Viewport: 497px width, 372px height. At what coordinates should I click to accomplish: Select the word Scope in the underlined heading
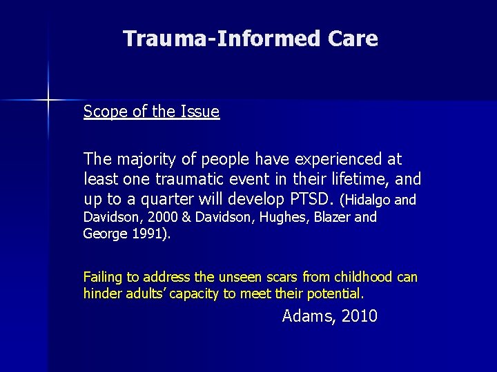coord(104,112)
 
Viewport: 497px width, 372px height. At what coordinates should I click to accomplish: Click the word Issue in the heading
coord(200,112)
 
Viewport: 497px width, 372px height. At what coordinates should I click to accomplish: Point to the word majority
coord(147,160)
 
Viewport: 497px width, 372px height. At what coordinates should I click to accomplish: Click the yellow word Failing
coord(102,278)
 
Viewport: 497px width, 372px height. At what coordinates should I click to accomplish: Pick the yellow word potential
coord(335,294)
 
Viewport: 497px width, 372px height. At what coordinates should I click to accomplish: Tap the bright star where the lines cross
coord(48,101)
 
